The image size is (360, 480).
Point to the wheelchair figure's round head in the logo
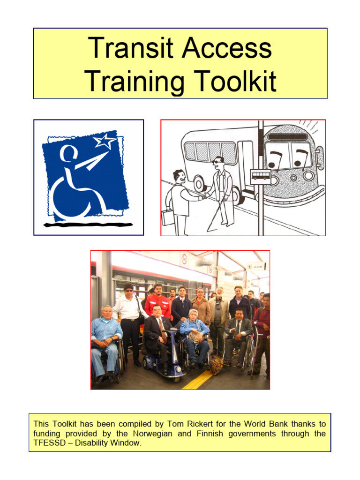click(68, 153)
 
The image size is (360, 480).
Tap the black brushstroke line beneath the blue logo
click(89, 225)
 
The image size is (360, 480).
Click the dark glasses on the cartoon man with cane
click(217, 162)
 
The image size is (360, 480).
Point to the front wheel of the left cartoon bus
click(200, 184)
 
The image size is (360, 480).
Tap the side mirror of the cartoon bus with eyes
click(320, 157)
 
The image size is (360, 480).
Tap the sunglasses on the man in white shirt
click(128, 291)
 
